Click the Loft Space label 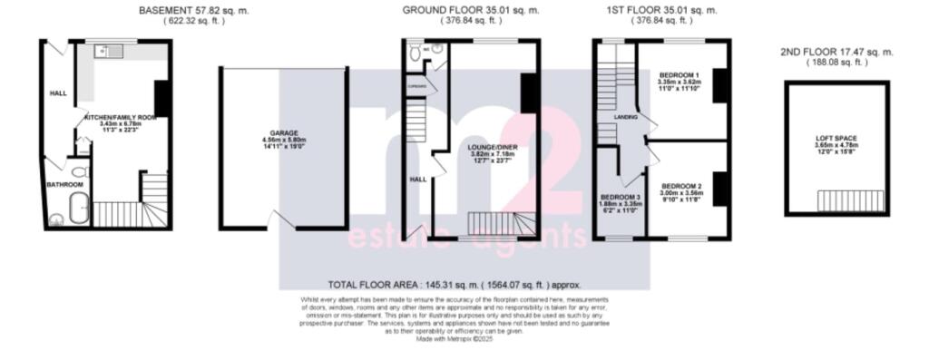tap(836, 138)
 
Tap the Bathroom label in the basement tap(64, 185)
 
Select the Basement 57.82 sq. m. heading tap(195, 10)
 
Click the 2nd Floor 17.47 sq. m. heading tap(836, 52)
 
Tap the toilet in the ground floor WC tap(416, 54)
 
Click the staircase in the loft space tap(850, 199)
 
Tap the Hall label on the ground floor tap(418, 180)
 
